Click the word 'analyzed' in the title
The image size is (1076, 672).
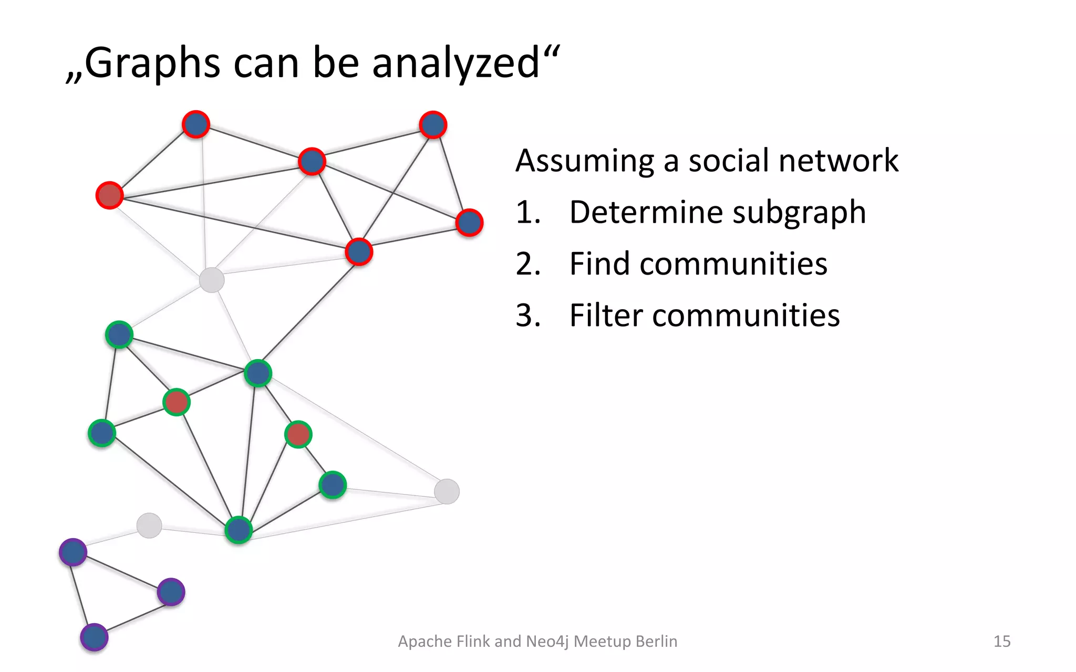456,63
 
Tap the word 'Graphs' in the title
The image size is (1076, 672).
152,63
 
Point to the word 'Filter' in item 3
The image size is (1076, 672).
606,316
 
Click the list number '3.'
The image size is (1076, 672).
528,316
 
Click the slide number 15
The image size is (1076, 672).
1002,641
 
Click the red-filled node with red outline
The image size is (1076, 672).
109,195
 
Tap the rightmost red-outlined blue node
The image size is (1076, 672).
469,223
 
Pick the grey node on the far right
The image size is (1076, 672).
447,491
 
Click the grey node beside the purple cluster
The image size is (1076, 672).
149,526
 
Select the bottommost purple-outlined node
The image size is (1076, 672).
94,637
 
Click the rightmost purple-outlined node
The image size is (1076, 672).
171,592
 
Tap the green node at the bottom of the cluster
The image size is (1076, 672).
239,530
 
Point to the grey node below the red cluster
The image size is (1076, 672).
212,280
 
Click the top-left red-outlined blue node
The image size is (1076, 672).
196,124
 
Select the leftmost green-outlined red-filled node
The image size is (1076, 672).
176,402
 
